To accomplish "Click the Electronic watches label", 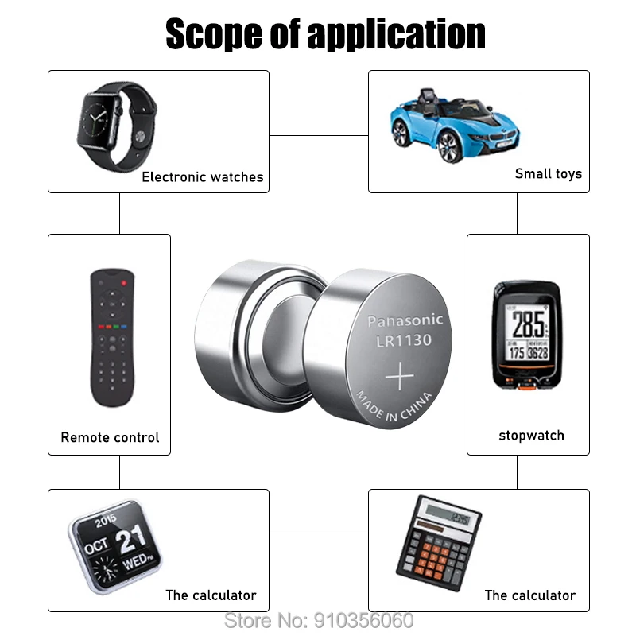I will click(x=202, y=177).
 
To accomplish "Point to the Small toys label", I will click(x=548, y=173).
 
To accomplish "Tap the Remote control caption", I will click(x=110, y=437).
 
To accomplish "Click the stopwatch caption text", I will click(x=531, y=435).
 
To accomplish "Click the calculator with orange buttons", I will click(x=438, y=544).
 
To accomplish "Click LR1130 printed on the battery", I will click(x=404, y=341).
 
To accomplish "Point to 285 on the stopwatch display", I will click(x=528, y=324).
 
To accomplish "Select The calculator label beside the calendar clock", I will click(x=211, y=595).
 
